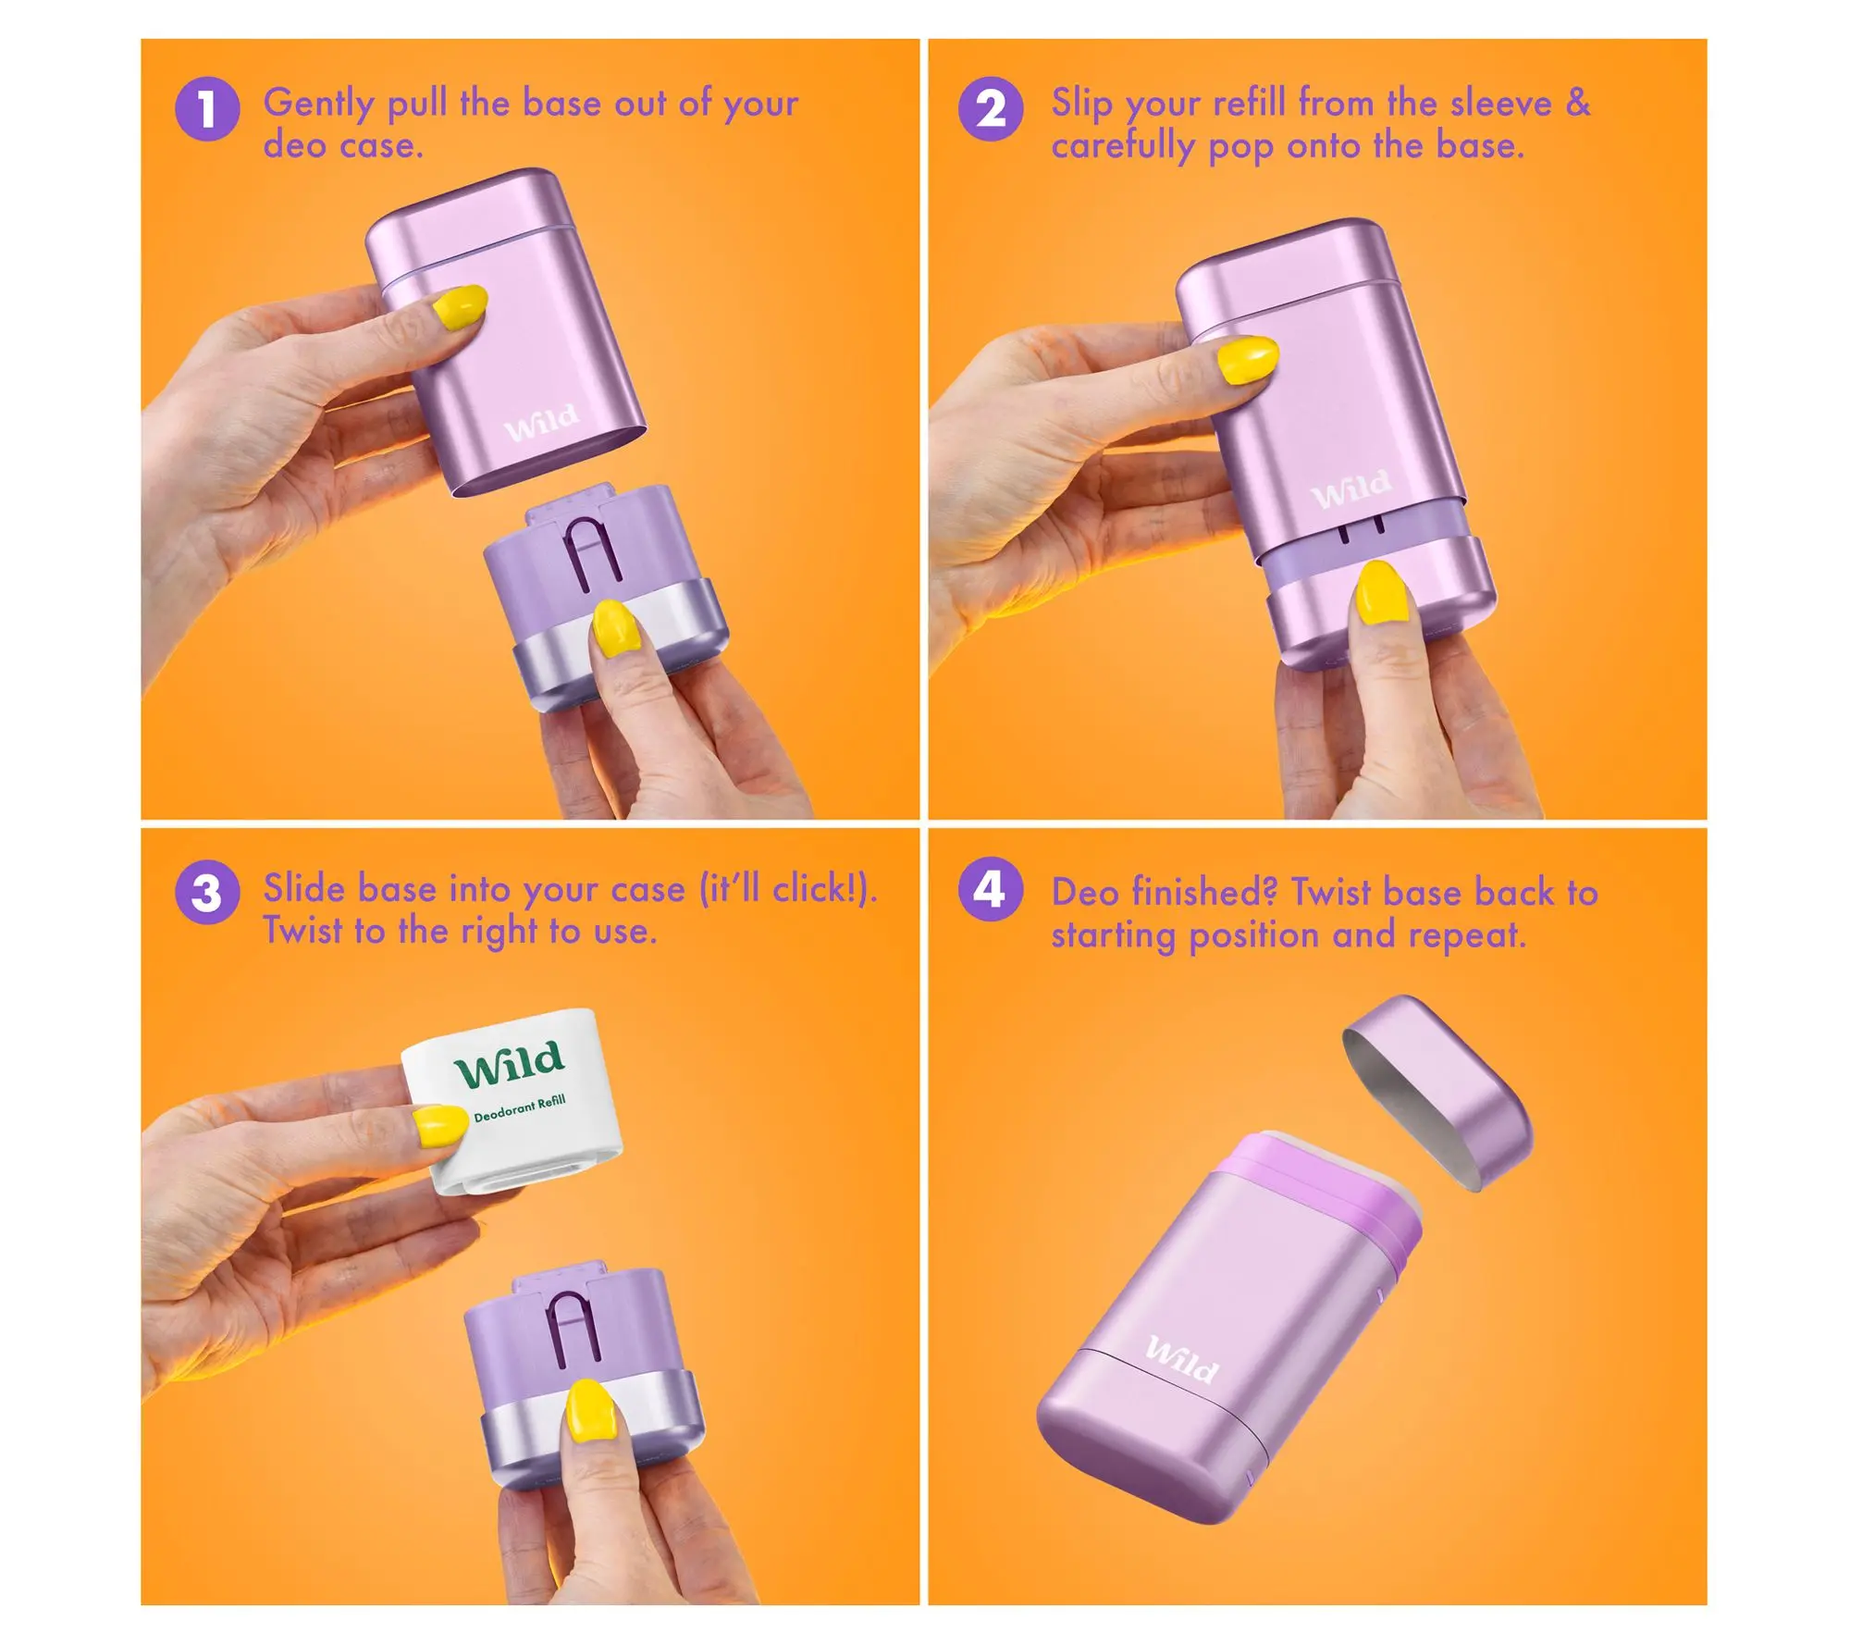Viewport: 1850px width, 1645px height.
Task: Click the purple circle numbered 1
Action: click(x=207, y=109)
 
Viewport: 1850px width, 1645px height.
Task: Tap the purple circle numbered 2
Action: click(x=991, y=109)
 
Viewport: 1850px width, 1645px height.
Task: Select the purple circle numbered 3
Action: click(x=207, y=893)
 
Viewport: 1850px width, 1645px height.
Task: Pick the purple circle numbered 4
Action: click(x=991, y=890)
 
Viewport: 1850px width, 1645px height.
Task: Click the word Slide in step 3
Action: click(x=304, y=888)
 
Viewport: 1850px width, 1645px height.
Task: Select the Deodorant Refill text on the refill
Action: click(x=520, y=1107)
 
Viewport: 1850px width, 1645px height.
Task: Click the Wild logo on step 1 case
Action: click(x=542, y=422)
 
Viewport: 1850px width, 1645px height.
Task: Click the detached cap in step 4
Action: click(x=1437, y=1092)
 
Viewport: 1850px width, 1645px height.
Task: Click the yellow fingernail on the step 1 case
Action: click(x=460, y=307)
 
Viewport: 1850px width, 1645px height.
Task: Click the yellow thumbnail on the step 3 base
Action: click(x=585, y=1411)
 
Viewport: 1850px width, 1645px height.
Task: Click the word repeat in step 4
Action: click(x=1467, y=936)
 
